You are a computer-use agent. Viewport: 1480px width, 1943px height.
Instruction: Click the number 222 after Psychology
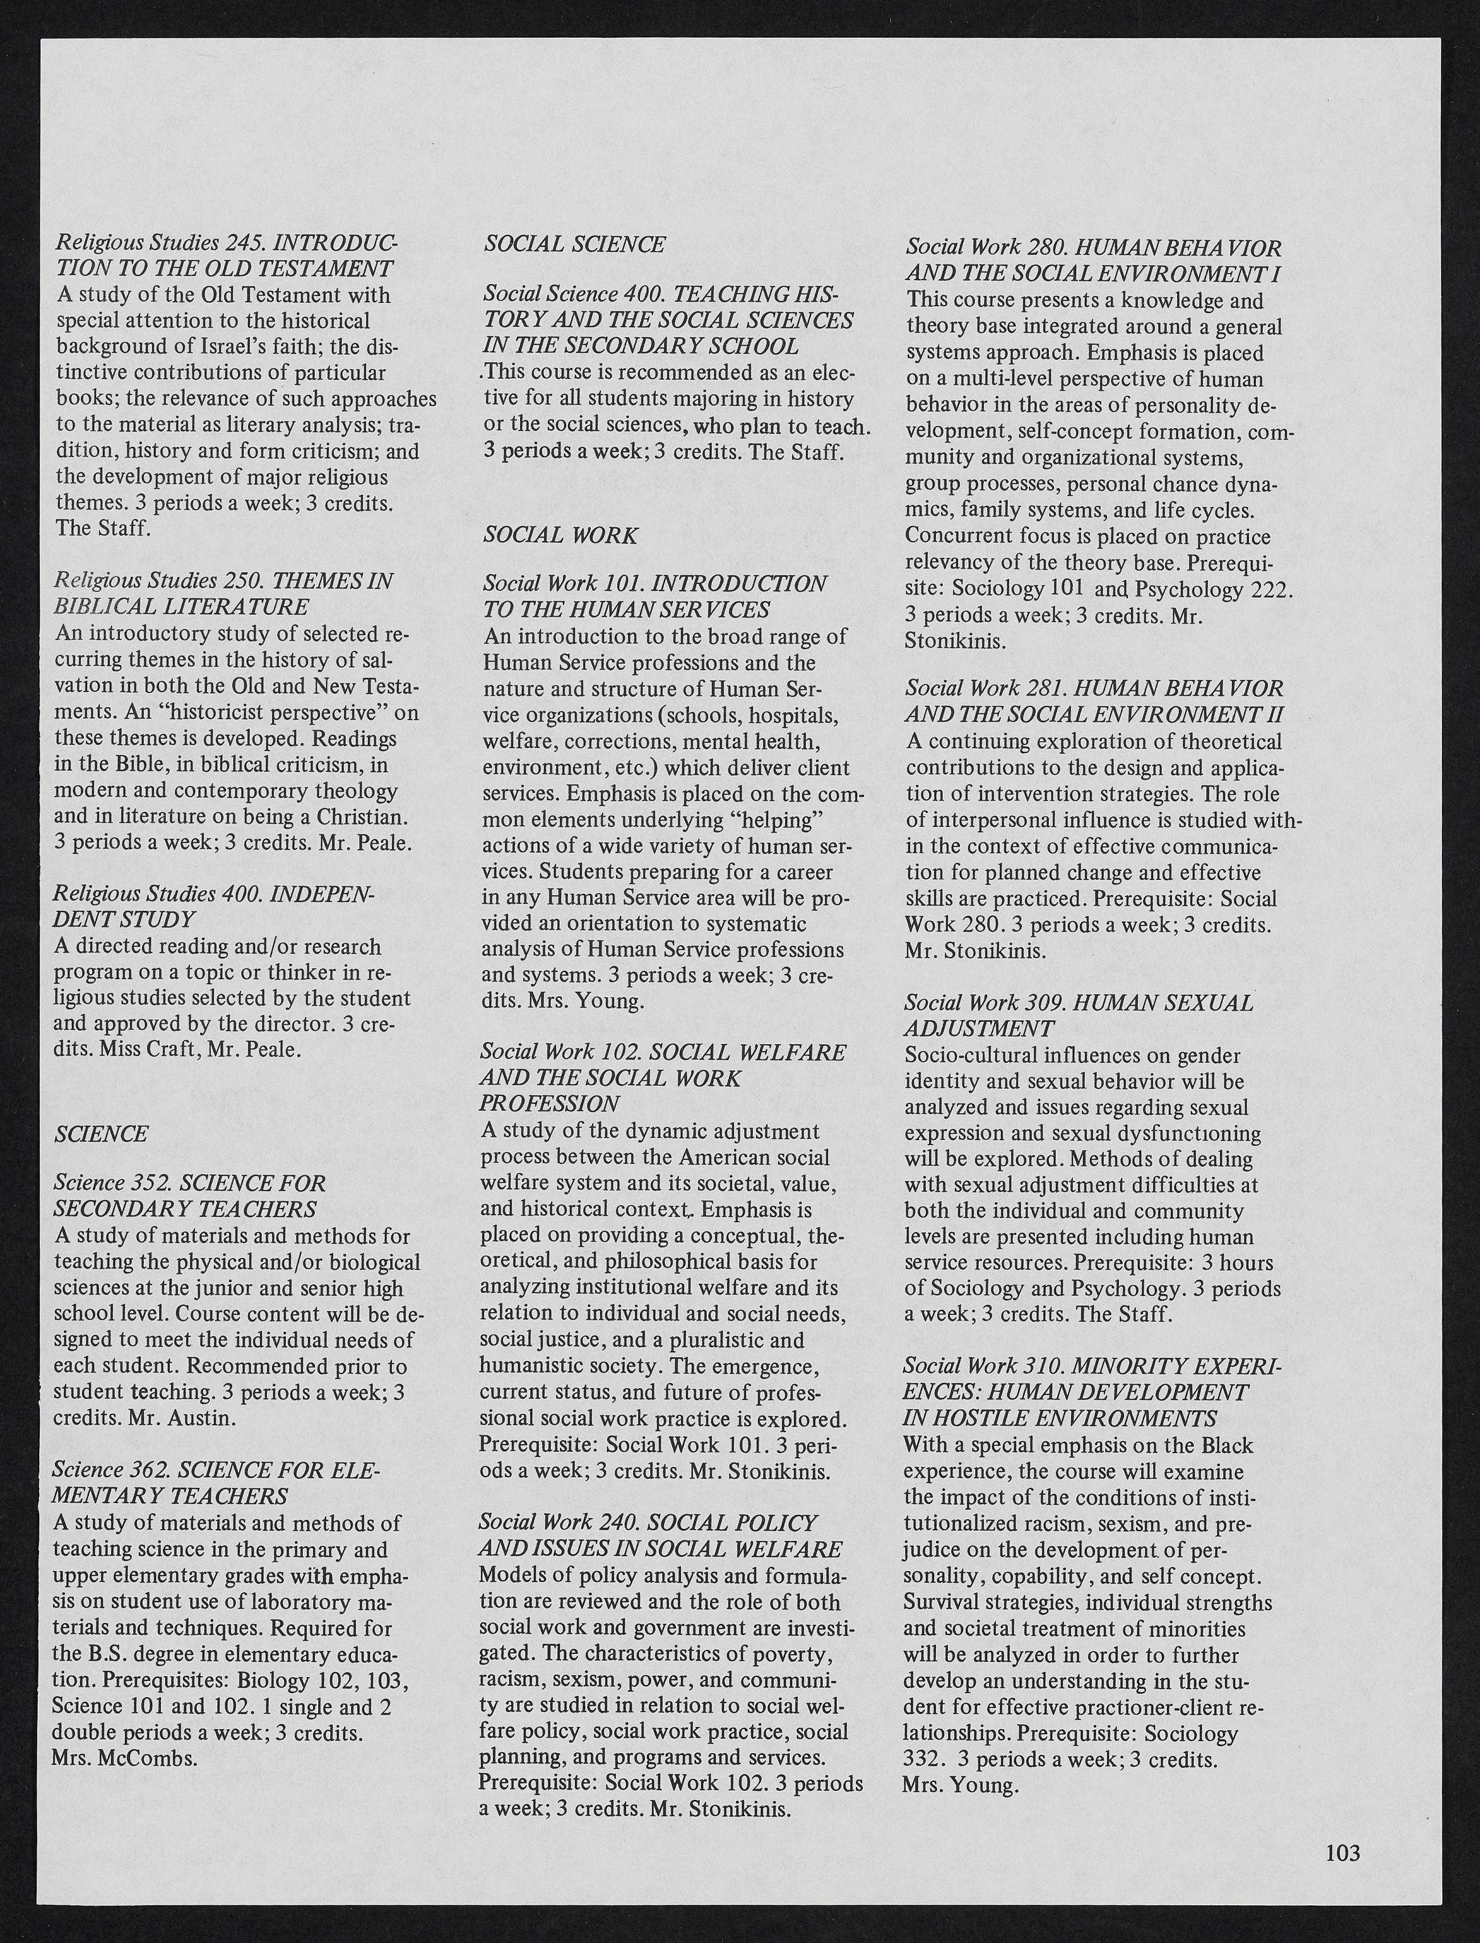click(1268, 589)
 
